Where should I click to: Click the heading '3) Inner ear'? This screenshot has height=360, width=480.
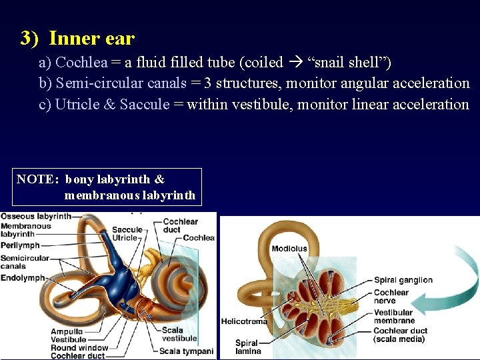77,39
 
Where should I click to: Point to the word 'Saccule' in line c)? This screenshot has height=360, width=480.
145,104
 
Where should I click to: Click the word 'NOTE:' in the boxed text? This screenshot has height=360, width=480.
38,179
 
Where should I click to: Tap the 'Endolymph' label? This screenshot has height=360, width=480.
23,278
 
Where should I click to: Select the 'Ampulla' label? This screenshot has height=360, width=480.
67,331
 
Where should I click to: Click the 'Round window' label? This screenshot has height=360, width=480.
79,347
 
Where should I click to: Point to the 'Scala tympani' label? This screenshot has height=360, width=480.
187,351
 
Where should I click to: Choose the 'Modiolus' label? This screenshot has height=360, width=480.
289,249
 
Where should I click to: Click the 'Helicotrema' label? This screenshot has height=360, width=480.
244,321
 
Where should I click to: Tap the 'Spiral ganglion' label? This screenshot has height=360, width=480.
403,280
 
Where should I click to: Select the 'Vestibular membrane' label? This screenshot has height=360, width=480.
394,316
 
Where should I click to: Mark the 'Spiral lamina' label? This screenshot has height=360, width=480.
247,347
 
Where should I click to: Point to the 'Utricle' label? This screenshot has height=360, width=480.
125,237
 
